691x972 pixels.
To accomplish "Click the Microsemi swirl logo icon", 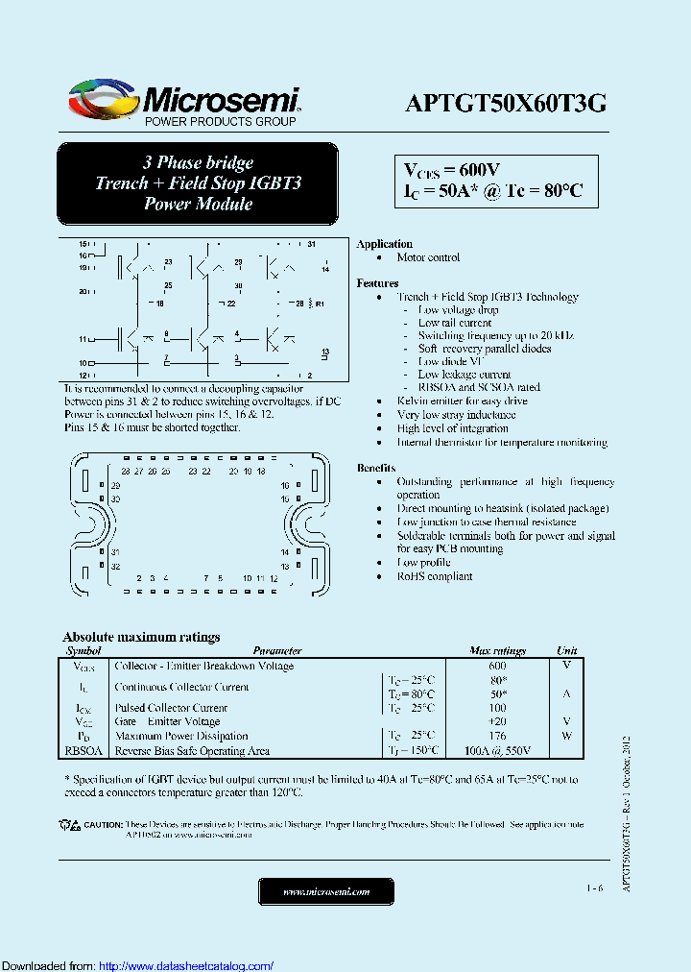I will (103, 99).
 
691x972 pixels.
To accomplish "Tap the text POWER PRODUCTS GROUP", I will (220, 122).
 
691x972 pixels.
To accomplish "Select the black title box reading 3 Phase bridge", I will (198, 183).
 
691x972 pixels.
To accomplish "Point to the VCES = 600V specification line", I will (451, 170).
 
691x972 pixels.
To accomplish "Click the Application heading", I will (384, 244).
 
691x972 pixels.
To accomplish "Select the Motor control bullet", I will (429, 257).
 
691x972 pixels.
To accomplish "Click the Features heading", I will (377, 283).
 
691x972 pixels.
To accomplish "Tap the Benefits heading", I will (375, 468).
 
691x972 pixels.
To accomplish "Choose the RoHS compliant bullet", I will (435, 576).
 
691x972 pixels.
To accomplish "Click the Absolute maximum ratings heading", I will (141, 637).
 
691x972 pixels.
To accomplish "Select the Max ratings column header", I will (497, 651).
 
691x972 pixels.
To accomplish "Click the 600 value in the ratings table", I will (497, 666).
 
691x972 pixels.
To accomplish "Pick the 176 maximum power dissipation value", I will (497, 737).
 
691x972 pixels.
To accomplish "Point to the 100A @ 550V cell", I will (497, 751).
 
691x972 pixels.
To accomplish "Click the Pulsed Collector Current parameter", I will (171, 708).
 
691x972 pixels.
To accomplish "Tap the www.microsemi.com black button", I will (326, 892).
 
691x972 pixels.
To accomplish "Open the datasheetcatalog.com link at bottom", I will (186, 965).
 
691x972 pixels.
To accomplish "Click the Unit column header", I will (566, 651).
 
